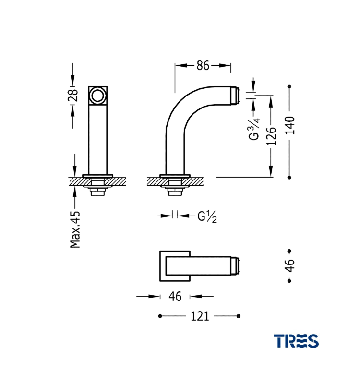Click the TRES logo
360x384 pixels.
(x=296, y=341)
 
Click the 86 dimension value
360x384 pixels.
(x=203, y=66)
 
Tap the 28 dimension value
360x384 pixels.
(x=73, y=95)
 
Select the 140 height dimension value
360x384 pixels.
(x=289, y=125)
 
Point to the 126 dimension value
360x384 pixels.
(x=271, y=136)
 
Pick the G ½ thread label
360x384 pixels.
(x=207, y=216)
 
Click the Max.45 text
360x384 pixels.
(x=75, y=229)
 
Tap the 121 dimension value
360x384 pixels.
(x=200, y=316)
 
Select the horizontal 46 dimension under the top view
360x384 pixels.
(x=175, y=296)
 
